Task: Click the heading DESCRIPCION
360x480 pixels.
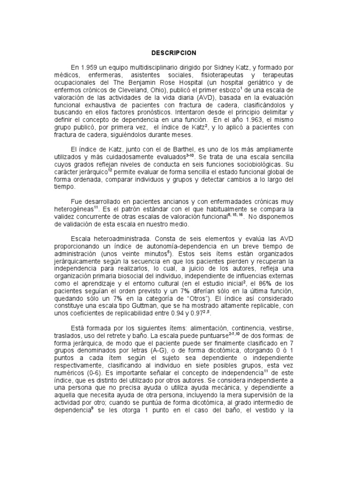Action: click(180, 52)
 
